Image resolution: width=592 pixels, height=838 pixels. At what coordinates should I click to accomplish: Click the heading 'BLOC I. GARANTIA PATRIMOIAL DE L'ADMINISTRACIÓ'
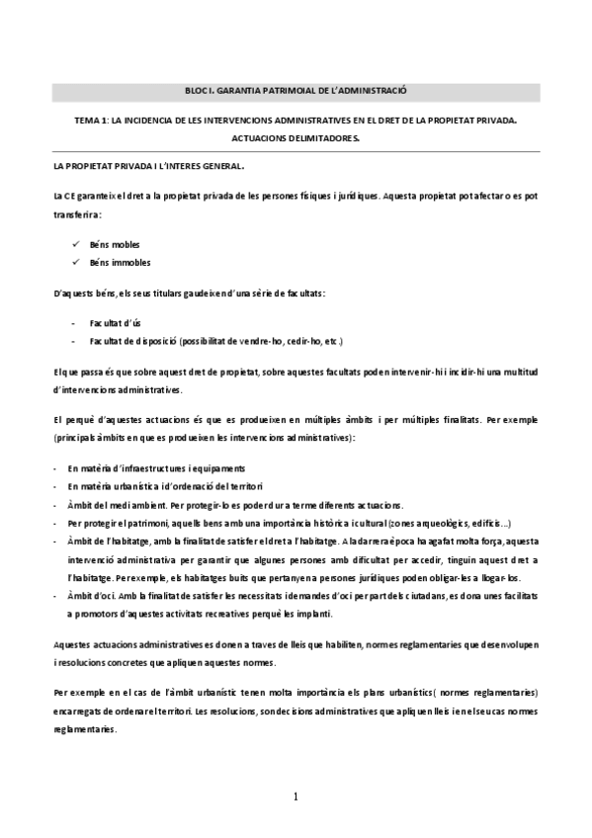pyautogui.click(x=296, y=90)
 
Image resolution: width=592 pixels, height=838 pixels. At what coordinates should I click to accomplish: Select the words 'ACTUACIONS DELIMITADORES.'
pyautogui.click(x=296, y=138)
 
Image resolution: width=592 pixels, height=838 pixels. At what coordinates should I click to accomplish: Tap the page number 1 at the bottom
pyautogui.click(x=296, y=796)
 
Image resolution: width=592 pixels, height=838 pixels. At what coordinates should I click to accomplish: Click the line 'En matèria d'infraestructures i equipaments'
pyautogui.click(x=156, y=467)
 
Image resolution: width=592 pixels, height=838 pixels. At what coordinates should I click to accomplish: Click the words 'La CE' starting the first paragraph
pyautogui.click(x=65, y=194)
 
